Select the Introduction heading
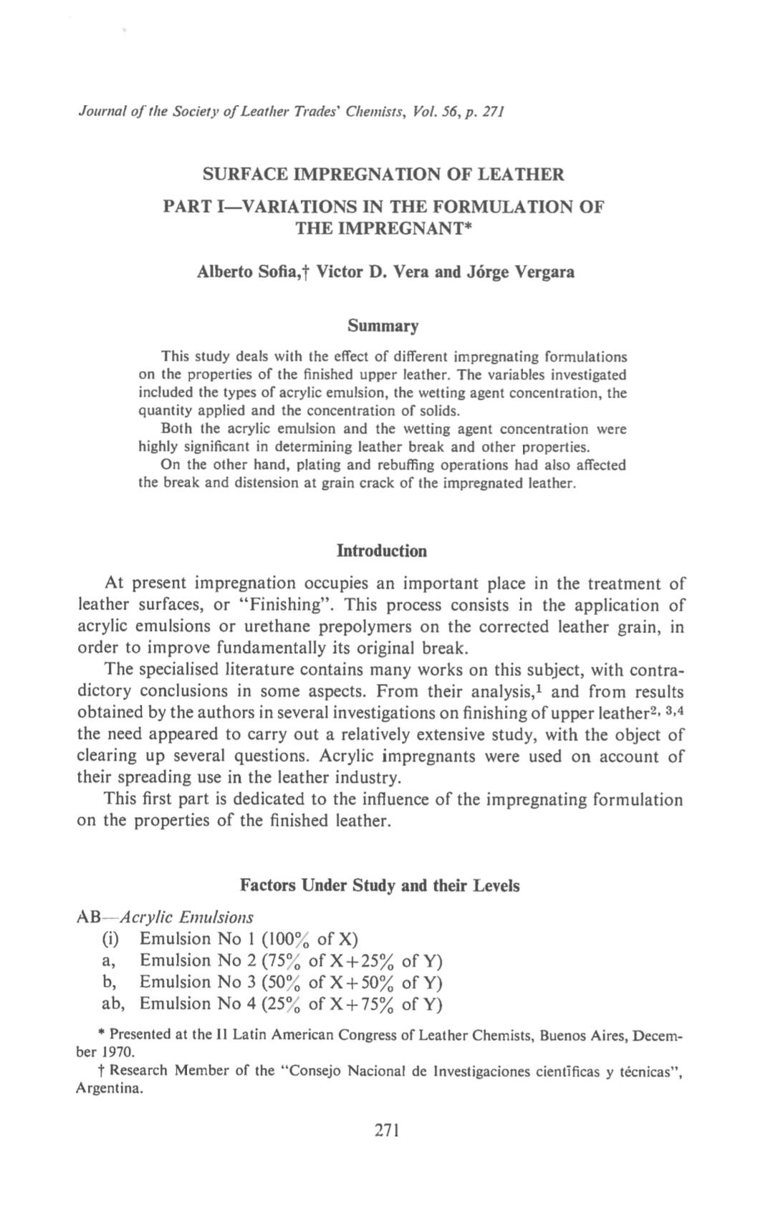click(x=382, y=551)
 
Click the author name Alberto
click(x=226, y=272)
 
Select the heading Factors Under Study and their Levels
click(x=380, y=885)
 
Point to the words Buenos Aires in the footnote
click(x=580, y=1035)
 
